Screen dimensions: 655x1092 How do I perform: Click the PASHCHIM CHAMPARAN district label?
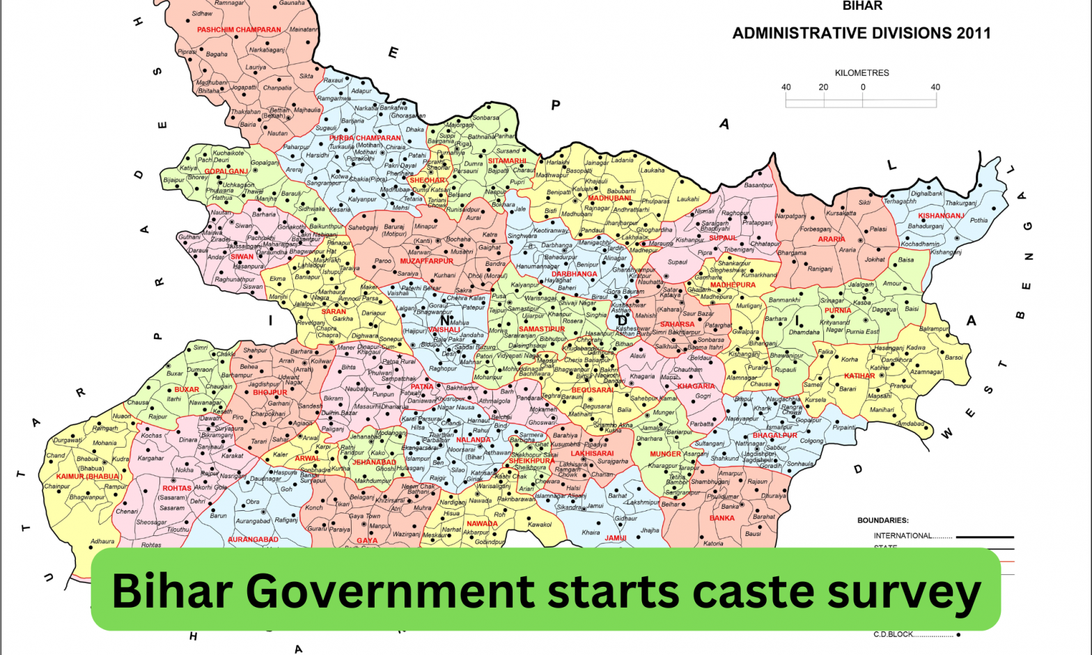[239, 30]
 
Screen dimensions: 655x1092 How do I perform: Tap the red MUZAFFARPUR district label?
[426, 261]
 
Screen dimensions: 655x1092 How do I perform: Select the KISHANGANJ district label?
[941, 216]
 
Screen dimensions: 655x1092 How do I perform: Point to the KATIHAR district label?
[859, 376]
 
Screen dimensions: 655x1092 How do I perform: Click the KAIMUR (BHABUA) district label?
[88, 477]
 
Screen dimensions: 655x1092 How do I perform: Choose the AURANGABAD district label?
[253, 539]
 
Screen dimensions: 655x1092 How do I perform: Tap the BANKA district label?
[721, 518]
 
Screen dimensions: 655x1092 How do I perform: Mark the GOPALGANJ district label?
[226, 171]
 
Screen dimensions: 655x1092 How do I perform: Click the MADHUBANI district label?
[610, 198]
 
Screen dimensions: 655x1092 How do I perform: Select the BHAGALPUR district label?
[774, 435]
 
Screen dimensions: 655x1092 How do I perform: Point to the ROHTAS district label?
[177, 488]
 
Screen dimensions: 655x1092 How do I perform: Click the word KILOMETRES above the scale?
[861, 72]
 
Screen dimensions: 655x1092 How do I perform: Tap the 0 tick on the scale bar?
[862, 88]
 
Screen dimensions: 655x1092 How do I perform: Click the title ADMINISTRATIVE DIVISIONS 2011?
[861, 33]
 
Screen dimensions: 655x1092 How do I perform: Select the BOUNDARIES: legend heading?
[882, 520]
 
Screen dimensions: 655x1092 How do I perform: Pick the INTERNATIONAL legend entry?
[903, 535]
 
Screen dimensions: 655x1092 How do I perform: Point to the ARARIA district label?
[832, 239]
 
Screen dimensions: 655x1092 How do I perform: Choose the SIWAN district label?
[242, 257]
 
